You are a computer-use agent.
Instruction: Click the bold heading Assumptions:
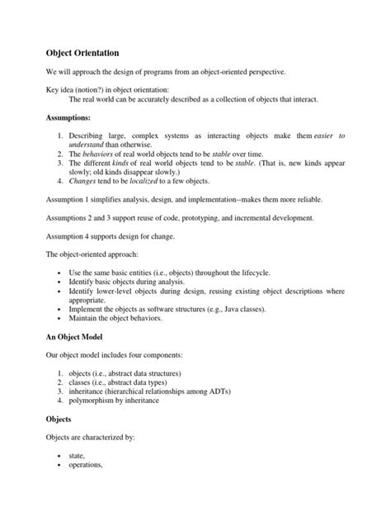coord(69,117)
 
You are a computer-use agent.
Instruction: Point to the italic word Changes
coord(84,180)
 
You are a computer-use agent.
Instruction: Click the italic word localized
coord(169,180)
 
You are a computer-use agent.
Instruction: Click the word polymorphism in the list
coord(97,400)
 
